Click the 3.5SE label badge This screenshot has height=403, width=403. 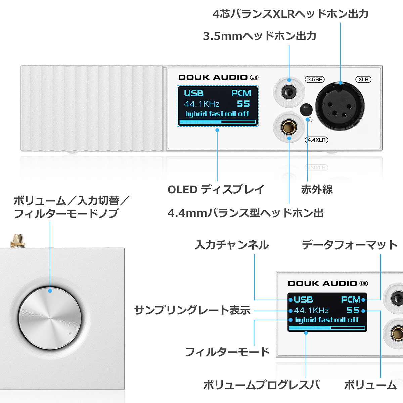pyautogui.click(x=315, y=80)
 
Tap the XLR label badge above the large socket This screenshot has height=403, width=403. pyautogui.click(x=363, y=80)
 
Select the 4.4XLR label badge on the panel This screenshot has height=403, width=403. pyautogui.click(x=316, y=140)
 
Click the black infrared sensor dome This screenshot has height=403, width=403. pyautogui.click(x=306, y=109)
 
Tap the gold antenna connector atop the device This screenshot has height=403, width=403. pyautogui.click(x=18, y=241)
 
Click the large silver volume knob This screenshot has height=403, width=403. pyautogui.click(x=50, y=318)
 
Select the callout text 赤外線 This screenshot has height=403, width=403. pyautogui.click(x=317, y=190)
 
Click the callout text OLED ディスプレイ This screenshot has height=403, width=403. pyautogui.click(x=216, y=190)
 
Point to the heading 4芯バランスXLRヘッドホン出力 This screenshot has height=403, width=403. pyautogui.click(x=290, y=14)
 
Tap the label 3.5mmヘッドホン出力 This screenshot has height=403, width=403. pyautogui.click(x=260, y=36)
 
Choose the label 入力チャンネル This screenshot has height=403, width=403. pyautogui.click(x=232, y=245)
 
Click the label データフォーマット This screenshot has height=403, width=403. pyautogui.click(x=350, y=245)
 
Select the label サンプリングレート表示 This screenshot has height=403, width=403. pyautogui.click(x=192, y=310)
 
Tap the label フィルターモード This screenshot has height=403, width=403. pyautogui.click(x=227, y=352)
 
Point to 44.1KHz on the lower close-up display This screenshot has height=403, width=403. pyautogui.click(x=311, y=310)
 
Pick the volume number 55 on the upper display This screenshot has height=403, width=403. pyautogui.click(x=243, y=104)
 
